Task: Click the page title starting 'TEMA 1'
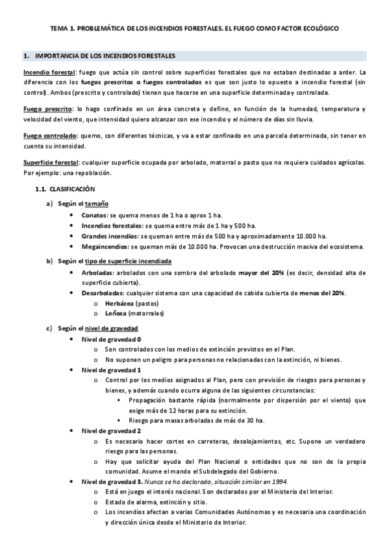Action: click(194, 29)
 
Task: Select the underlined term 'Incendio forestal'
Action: click(49, 72)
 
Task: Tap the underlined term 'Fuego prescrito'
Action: click(47, 109)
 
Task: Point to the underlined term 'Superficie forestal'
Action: click(51, 162)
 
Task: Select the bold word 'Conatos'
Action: click(94, 214)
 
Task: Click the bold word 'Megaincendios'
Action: click(105, 247)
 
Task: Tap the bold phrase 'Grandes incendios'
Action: click(110, 236)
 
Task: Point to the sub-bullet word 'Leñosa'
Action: click(115, 314)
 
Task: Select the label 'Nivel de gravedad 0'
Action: click(112, 339)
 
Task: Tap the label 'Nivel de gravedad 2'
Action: click(111, 431)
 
